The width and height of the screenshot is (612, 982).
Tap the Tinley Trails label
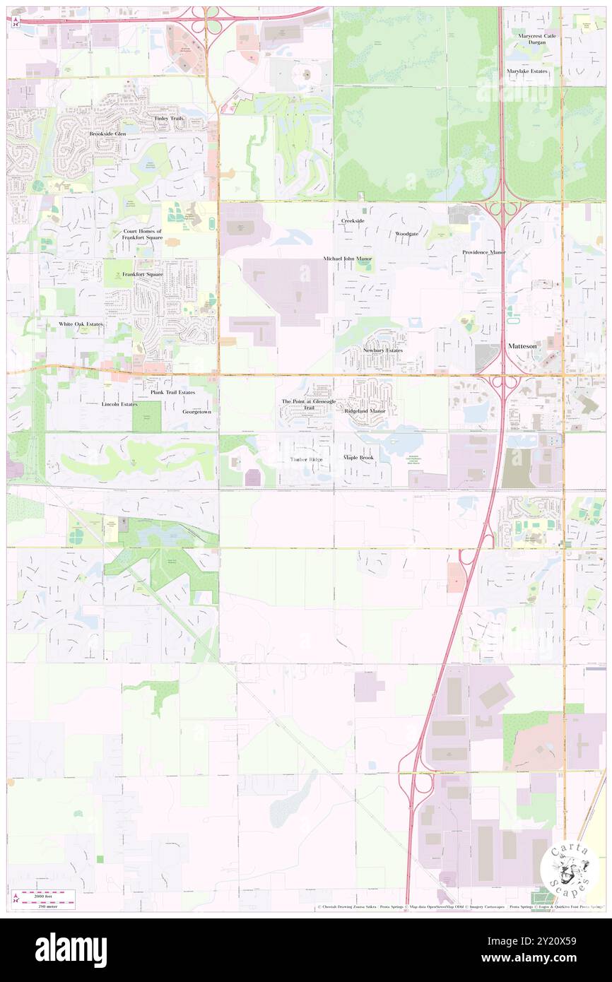click(x=168, y=118)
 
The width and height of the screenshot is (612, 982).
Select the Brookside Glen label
click(x=107, y=134)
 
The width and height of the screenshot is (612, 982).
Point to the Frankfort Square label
click(x=142, y=274)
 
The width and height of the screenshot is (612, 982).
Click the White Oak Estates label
click(x=81, y=324)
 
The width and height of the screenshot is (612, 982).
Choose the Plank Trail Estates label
click(x=172, y=392)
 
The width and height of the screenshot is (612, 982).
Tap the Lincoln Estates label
click(x=119, y=405)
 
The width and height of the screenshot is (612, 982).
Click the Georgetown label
click(x=197, y=411)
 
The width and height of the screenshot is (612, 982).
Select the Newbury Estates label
click(x=383, y=350)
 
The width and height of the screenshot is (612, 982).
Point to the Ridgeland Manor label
click(x=365, y=410)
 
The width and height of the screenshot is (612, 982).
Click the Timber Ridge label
click(x=306, y=459)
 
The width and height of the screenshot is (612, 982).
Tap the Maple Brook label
click(x=358, y=458)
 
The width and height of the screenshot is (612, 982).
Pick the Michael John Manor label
click(x=348, y=259)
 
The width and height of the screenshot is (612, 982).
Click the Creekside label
click(x=353, y=221)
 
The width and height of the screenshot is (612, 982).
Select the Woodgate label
click(x=407, y=233)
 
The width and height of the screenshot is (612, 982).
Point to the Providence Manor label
click(x=484, y=252)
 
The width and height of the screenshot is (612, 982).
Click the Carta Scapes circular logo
click(x=565, y=868)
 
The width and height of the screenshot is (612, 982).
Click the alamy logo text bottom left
click(x=71, y=950)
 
